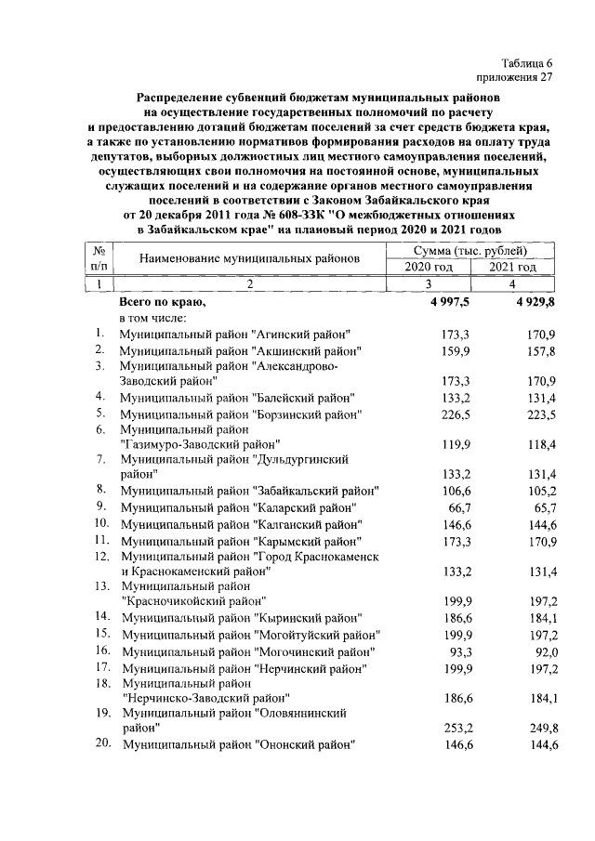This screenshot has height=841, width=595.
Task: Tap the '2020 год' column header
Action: (429, 268)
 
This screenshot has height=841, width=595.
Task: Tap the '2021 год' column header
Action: (513, 268)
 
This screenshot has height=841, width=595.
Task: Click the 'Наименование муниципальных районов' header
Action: (249, 259)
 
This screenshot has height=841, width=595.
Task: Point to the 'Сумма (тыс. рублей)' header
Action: (470, 251)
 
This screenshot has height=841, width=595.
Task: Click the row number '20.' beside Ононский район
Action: (102, 744)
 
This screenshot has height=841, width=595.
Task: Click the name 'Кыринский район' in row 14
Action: (308, 617)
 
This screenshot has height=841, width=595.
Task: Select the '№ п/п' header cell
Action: (99, 259)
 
